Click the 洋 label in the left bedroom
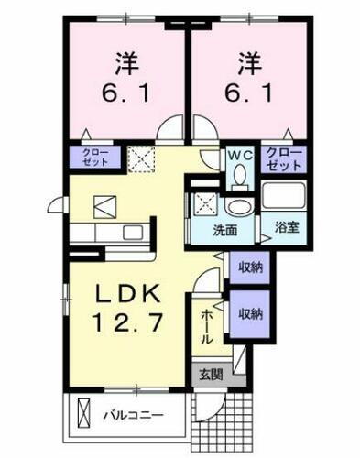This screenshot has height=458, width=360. [x=125, y=66]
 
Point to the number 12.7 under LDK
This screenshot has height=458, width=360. [x=129, y=322]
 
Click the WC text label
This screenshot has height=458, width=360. [x=240, y=153]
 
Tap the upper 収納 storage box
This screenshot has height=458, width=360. [x=250, y=267]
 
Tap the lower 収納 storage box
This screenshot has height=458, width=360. [x=250, y=313]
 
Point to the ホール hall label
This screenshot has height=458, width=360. [x=208, y=325]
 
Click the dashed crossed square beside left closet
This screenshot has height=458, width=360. [x=142, y=160]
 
